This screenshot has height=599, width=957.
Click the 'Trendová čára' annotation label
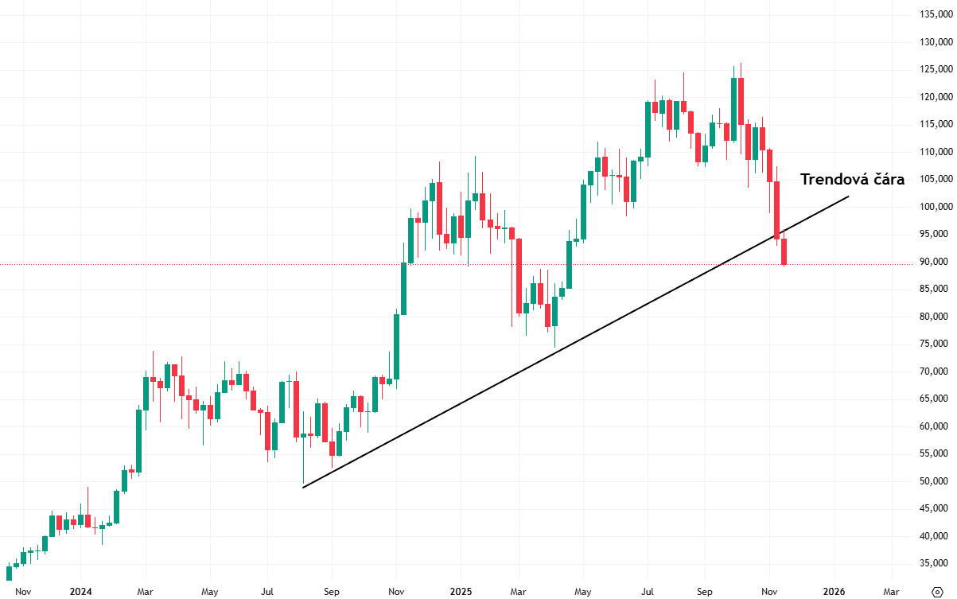tap(852, 180)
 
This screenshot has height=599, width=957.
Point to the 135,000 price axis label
tap(935, 14)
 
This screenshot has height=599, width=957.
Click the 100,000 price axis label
tap(935, 207)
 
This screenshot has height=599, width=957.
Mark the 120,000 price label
tap(935, 97)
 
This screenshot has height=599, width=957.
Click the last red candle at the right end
tap(784, 251)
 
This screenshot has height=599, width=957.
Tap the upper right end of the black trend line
tap(849, 196)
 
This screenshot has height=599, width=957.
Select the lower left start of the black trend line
tap(303, 487)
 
